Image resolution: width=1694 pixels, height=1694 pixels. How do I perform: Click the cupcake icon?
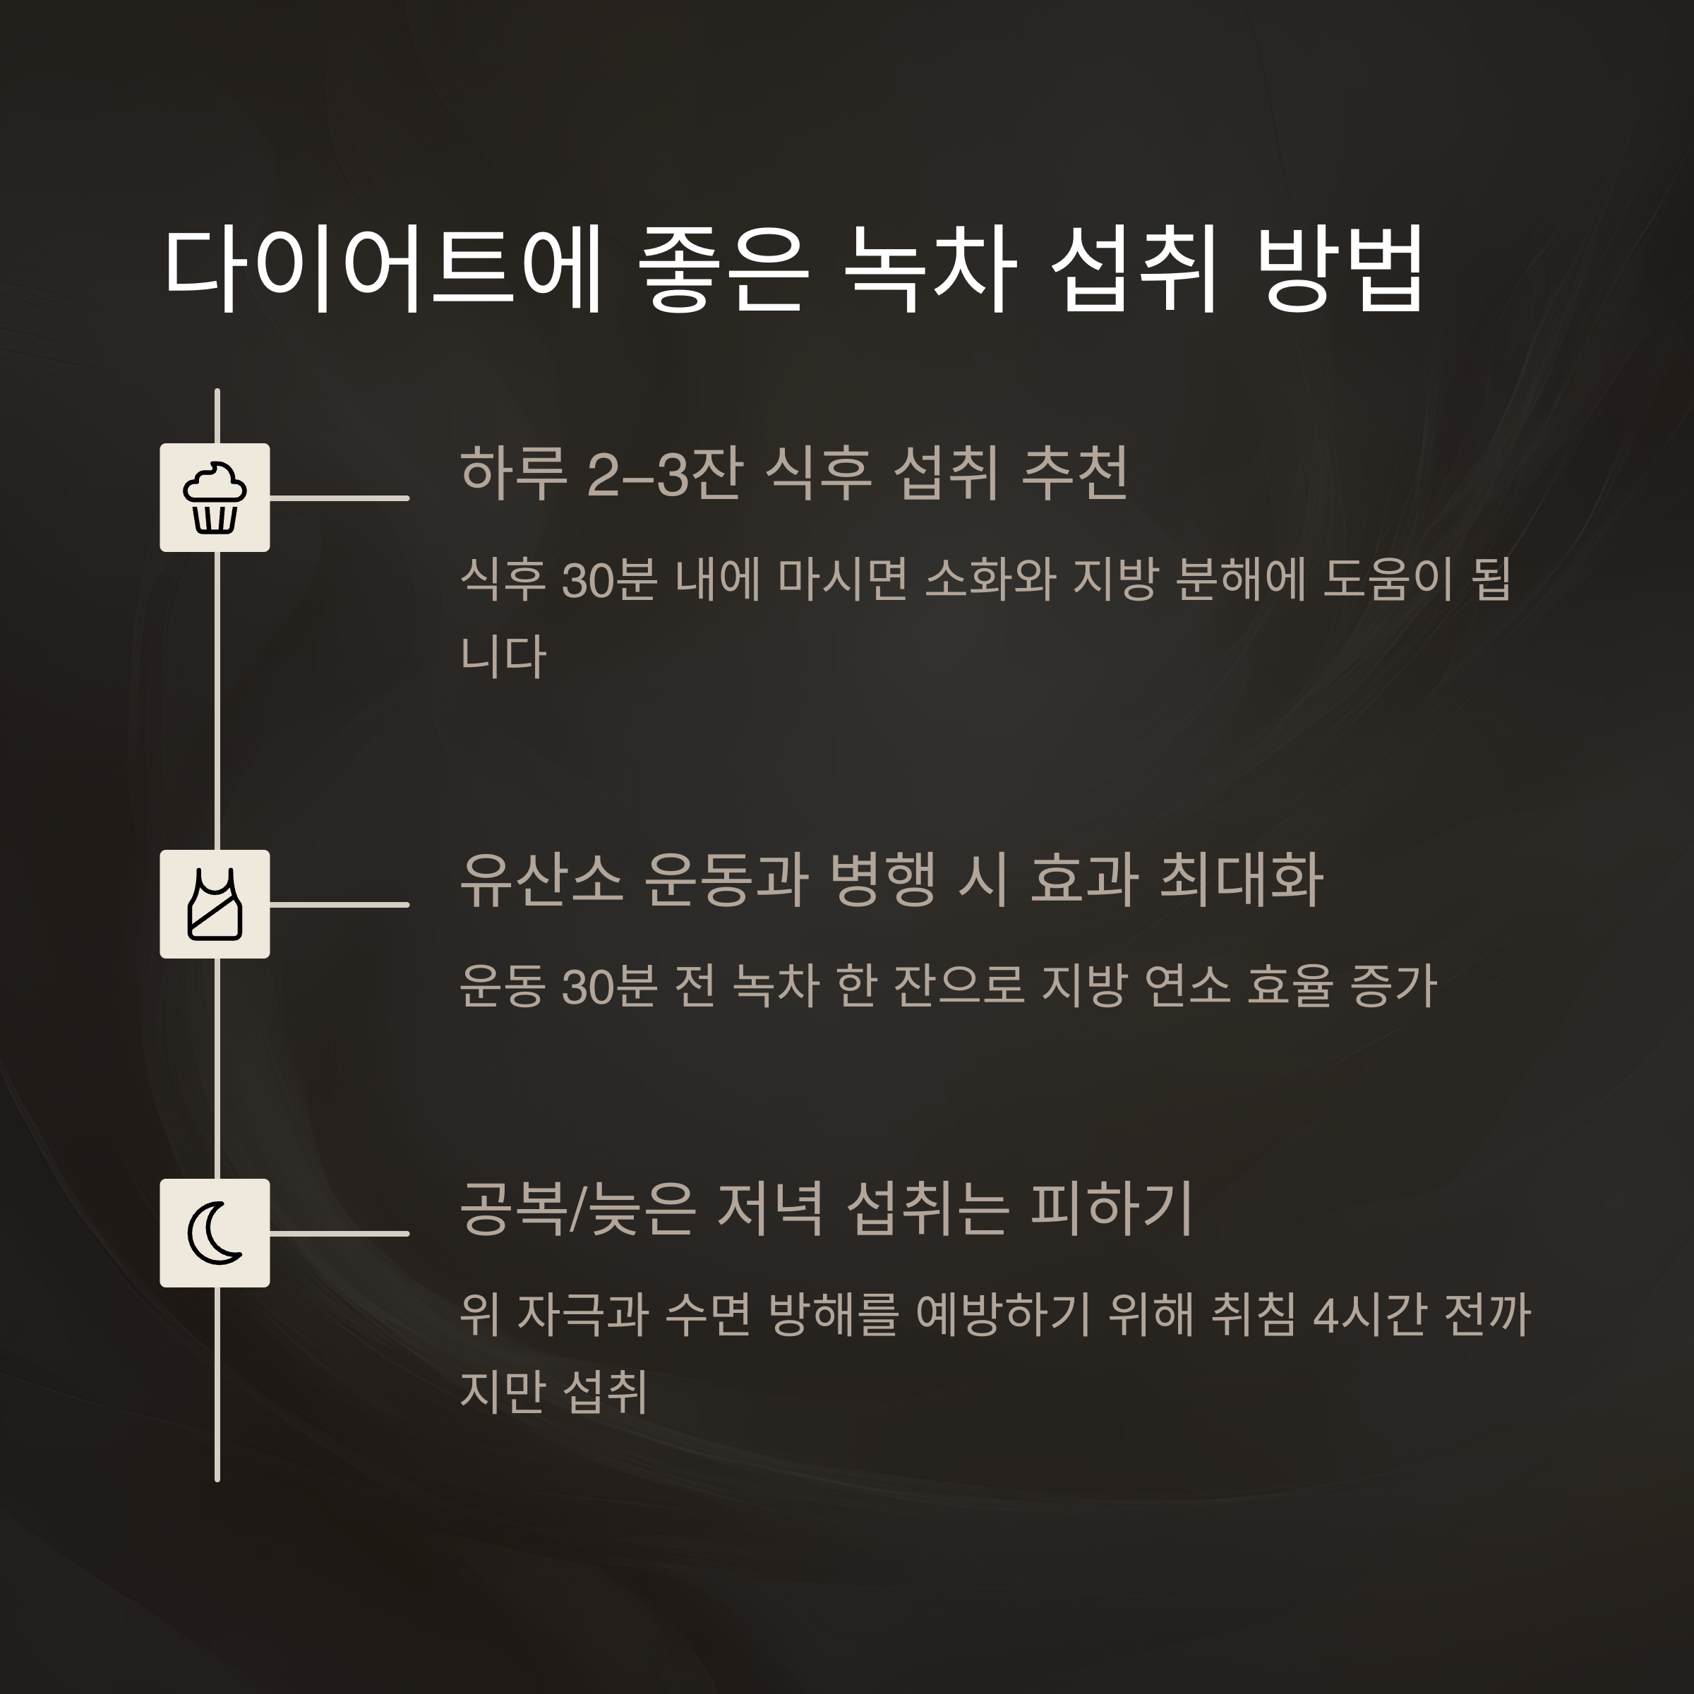[x=215, y=497]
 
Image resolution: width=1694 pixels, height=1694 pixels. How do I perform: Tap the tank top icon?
[x=215, y=904]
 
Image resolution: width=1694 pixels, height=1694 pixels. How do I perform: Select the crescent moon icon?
[x=215, y=1233]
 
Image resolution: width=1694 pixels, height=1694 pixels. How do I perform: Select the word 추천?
[x=1075, y=474]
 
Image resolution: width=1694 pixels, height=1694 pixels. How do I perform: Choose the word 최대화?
[x=1242, y=880]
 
